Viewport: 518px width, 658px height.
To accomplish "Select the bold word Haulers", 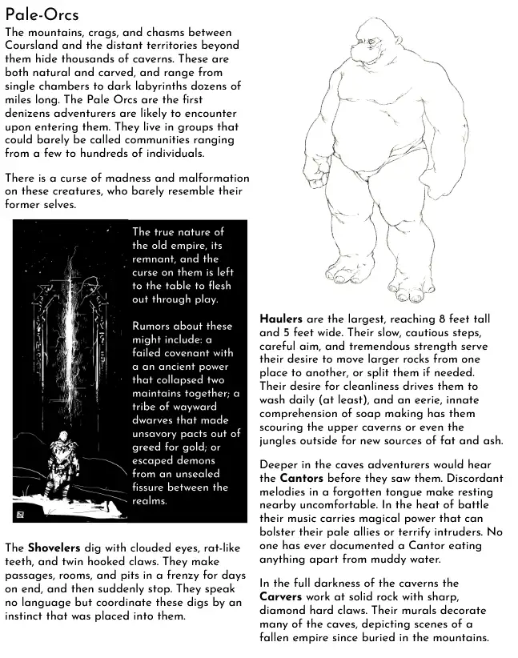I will click(280, 318).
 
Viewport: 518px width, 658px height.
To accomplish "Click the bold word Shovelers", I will click(54, 548).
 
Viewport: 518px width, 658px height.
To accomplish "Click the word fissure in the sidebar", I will click(152, 487).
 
